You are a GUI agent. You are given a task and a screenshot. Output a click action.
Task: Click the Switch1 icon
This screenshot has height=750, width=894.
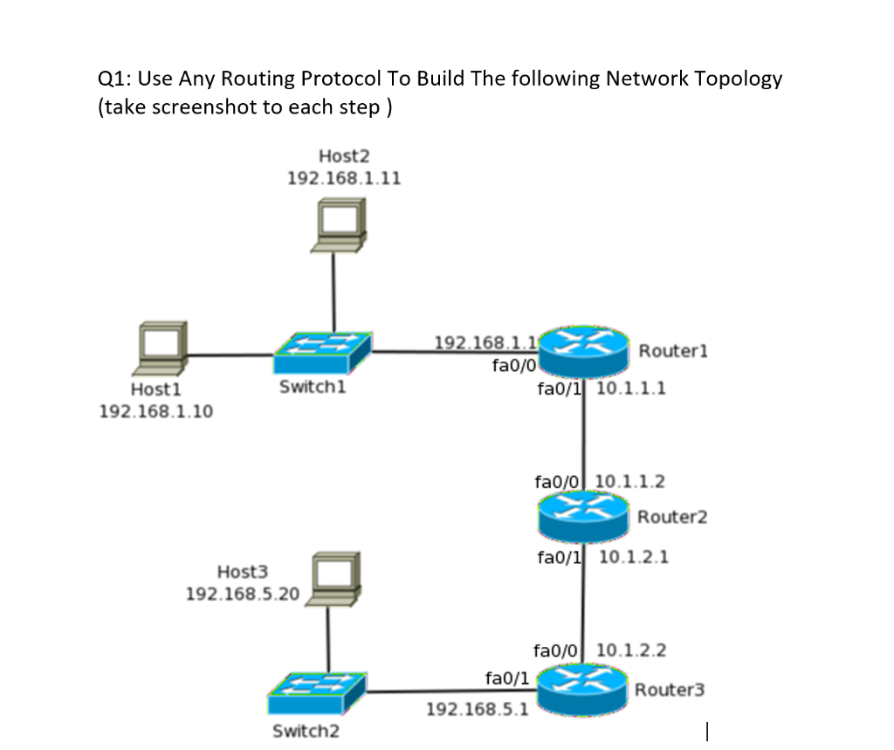tap(322, 354)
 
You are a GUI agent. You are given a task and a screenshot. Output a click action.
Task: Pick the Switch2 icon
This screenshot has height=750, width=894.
tap(316, 695)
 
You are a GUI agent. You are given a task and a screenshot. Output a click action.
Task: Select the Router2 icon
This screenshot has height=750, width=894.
tap(582, 516)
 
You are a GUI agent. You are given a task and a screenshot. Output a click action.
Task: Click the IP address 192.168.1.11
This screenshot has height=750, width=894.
tap(344, 177)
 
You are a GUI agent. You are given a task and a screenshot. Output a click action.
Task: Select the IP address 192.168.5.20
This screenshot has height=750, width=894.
tap(242, 595)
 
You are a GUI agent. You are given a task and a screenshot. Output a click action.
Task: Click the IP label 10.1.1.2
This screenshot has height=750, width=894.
tap(629, 481)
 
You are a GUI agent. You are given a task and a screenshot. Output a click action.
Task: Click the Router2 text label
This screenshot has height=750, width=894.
tap(672, 517)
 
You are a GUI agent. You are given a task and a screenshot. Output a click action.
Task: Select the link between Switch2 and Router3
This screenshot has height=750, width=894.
tap(450, 691)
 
